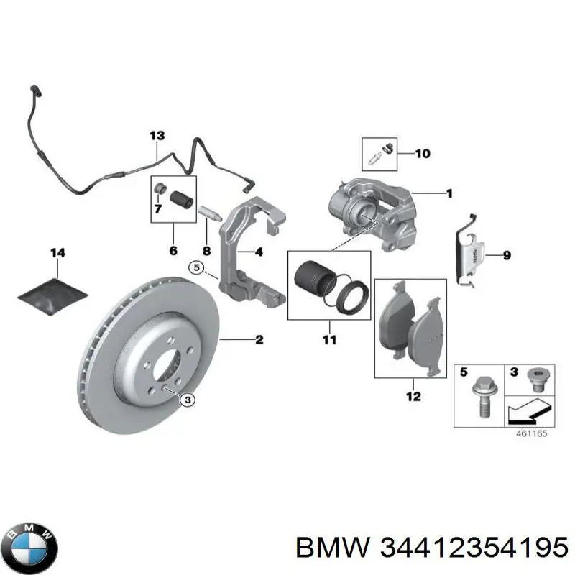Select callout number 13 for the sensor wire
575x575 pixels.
pyautogui.click(x=157, y=135)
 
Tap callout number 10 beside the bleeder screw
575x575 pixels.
pyautogui.click(x=422, y=153)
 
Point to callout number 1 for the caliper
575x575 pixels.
pyautogui.click(x=448, y=193)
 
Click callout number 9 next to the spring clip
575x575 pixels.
pyautogui.click(x=506, y=254)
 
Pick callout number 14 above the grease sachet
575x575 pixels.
pyautogui.click(x=57, y=252)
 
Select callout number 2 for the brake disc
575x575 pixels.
pyautogui.click(x=258, y=339)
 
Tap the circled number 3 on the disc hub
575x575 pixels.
pyautogui.click(x=188, y=400)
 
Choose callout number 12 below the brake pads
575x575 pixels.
pyautogui.click(x=413, y=395)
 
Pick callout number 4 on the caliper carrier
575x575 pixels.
pyautogui.click(x=258, y=252)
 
